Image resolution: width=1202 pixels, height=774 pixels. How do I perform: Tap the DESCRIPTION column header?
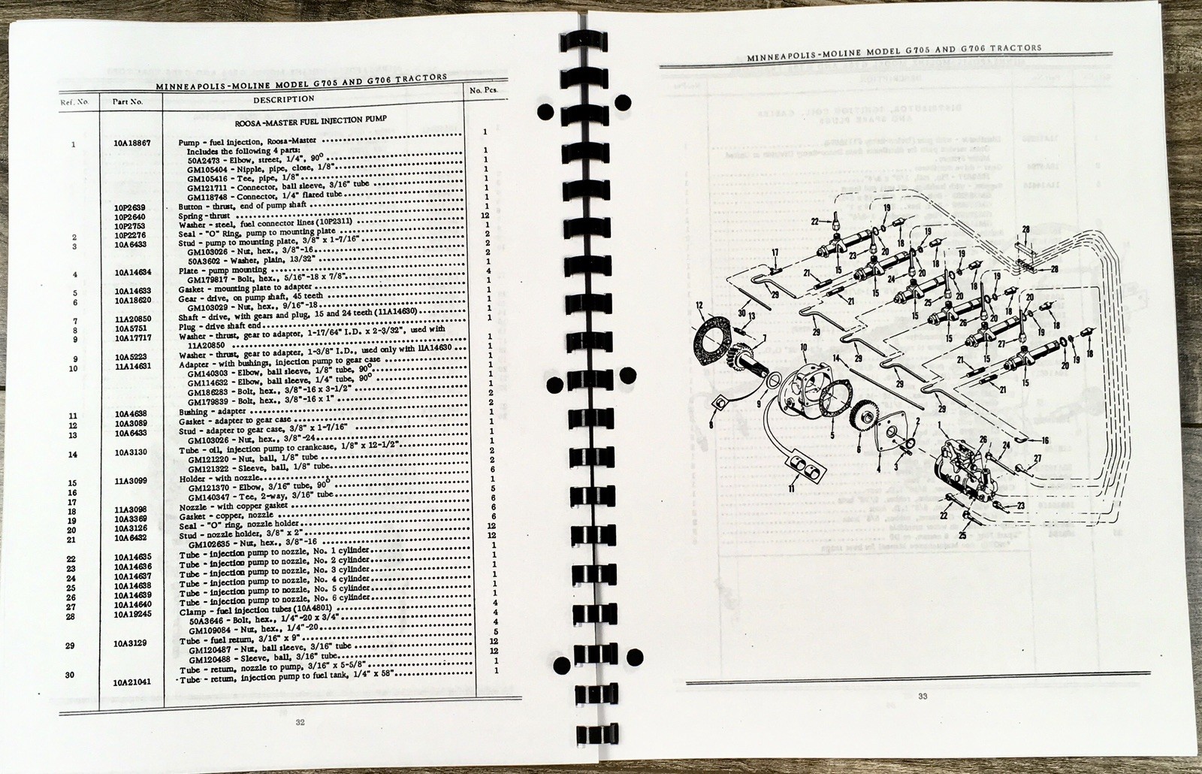[x=283, y=99]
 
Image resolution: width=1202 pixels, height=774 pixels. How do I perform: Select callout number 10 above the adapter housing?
[x=803, y=348]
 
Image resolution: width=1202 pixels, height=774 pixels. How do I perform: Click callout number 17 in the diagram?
[x=775, y=252]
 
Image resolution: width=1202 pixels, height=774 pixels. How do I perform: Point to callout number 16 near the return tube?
[x=1045, y=440]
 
